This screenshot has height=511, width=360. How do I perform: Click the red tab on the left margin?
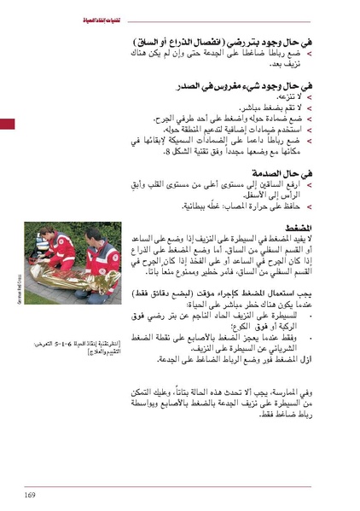(x=7, y=125)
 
